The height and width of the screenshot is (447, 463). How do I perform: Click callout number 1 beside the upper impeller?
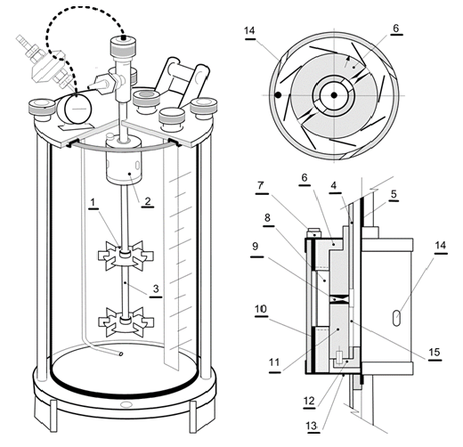[93, 202]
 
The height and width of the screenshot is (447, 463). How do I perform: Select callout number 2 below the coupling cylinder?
[148, 201]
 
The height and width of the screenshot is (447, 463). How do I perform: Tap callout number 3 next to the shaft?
[156, 289]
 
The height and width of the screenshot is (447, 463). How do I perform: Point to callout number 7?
[261, 186]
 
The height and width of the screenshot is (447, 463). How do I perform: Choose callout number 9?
[256, 247]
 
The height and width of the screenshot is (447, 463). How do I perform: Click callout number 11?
[274, 362]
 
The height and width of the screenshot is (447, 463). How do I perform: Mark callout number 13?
[312, 427]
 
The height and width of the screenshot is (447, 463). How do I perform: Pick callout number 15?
[435, 353]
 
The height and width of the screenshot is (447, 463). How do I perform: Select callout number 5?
[394, 194]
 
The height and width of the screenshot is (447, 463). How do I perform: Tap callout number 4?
[334, 185]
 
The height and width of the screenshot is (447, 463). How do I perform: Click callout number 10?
[261, 309]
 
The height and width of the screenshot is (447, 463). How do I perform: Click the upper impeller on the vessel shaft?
[126, 256]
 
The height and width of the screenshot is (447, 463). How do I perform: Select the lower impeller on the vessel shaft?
[126, 322]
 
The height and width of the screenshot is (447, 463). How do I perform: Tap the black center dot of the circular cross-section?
[334, 95]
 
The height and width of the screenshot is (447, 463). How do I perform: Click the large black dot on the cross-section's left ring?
[278, 95]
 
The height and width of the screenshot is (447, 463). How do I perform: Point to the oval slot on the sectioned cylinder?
[397, 318]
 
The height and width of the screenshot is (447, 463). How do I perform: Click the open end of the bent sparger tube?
[120, 354]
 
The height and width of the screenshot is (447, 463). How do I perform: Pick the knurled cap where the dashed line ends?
[124, 45]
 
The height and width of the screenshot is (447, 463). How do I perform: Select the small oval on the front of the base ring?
[126, 404]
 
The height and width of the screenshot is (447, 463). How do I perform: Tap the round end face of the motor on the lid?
[78, 109]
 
